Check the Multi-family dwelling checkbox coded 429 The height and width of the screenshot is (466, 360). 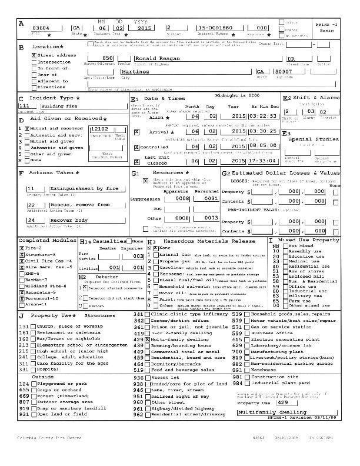click(x=148, y=340)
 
